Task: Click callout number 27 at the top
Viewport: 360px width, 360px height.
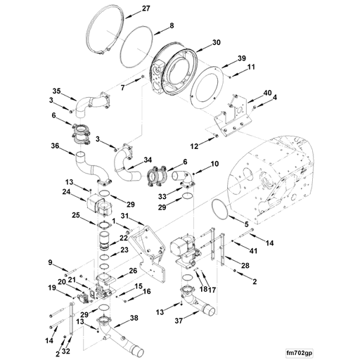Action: click(x=146, y=8)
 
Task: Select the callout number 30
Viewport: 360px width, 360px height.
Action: click(x=216, y=42)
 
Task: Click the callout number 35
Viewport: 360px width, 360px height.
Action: click(x=57, y=90)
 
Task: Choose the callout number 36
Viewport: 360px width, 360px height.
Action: click(x=56, y=146)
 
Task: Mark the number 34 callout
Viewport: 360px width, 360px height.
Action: click(x=148, y=160)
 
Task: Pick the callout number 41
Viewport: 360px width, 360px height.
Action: click(x=253, y=250)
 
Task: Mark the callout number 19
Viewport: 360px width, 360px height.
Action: click(x=51, y=288)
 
